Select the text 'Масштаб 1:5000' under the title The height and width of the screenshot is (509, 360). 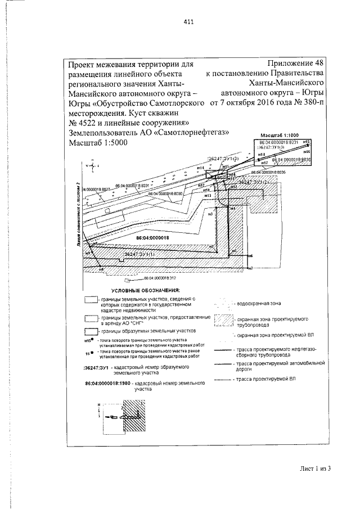(x=97, y=143)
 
